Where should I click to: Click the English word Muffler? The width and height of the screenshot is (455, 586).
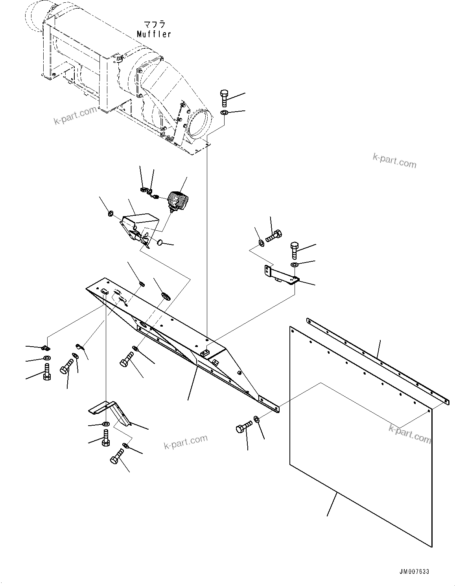154,34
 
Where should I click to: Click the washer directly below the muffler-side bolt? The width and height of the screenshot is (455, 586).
224,113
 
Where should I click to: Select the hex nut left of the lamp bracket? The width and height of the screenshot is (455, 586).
111,214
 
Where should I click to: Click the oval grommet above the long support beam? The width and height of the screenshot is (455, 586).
166,295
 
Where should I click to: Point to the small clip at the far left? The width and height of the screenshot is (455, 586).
46,347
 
